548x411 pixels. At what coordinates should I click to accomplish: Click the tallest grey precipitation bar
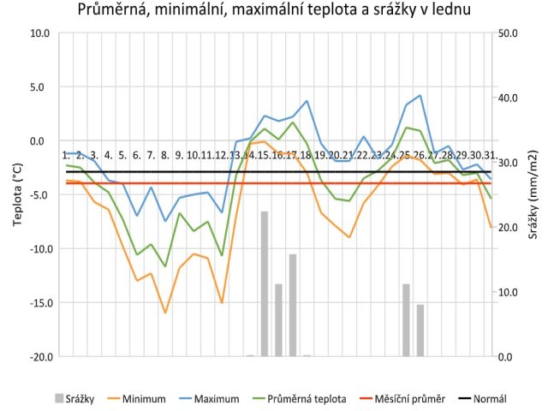[x=265, y=283]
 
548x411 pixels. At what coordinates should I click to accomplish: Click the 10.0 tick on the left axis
[x=39, y=33]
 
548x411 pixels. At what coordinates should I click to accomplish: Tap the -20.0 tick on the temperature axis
[x=37, y=357]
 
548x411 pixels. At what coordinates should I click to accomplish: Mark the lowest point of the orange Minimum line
[x=165, y=313]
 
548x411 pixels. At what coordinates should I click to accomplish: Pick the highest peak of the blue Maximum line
[x=420, y=96]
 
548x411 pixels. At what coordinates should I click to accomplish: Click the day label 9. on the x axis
[x=179, y=155]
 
